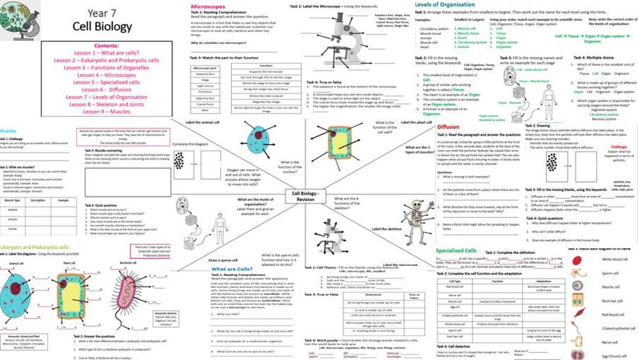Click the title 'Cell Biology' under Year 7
click(x=102, y=27)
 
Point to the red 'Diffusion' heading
click(x=449, y=127)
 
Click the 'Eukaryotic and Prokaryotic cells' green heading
click(x=34, y=247)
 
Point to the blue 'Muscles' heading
click(x=8, y=131)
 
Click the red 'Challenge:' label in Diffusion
click(x=619, y=146)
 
